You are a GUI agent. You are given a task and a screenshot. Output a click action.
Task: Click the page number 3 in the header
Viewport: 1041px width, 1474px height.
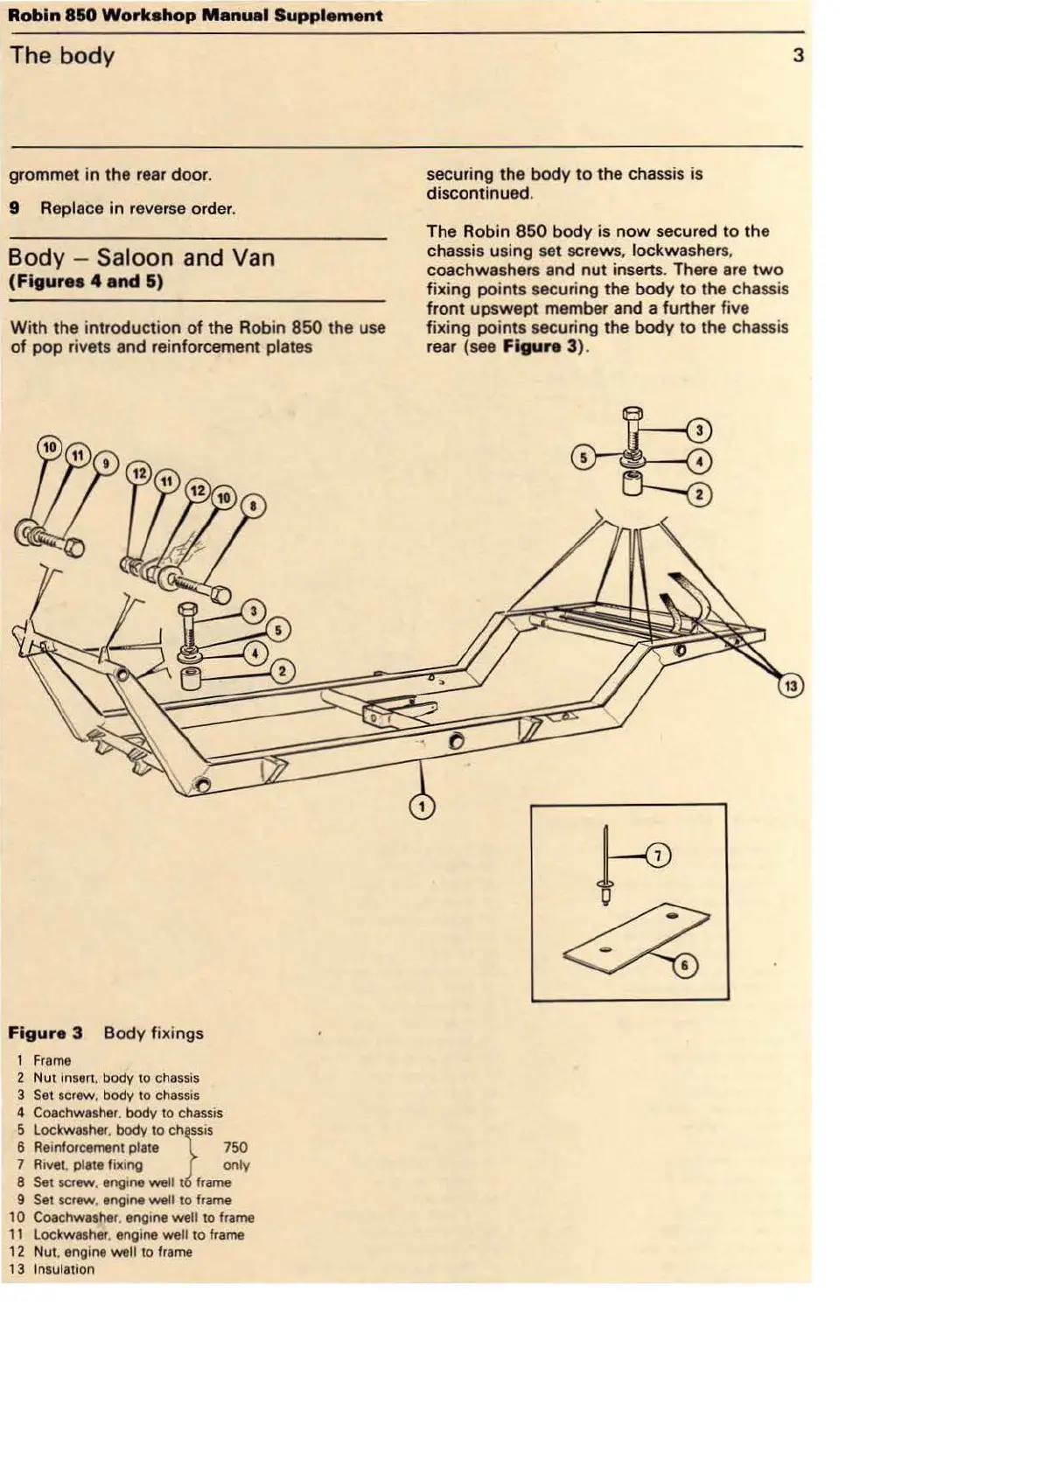[x=798, y=56]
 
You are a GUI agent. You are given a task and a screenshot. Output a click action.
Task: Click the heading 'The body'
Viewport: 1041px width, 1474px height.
[x=62, y=56]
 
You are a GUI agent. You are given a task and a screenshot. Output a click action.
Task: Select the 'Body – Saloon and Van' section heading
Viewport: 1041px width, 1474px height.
[x=141, y=258]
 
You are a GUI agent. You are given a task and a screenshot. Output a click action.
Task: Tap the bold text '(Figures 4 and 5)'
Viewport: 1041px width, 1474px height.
[x=86, y=283]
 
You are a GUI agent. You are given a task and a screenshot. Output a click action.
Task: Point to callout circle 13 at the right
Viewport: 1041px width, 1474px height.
[x=791, y=687]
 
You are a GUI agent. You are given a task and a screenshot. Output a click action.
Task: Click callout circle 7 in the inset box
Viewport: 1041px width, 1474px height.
[x=657, y=856]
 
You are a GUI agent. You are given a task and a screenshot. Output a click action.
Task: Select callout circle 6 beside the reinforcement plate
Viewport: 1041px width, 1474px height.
[x=685, y=966]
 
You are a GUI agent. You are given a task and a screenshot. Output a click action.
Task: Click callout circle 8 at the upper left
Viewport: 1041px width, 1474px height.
[x=254, y=506]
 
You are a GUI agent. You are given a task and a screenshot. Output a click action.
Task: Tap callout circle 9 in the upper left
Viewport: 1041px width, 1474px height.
[x=105, y=464]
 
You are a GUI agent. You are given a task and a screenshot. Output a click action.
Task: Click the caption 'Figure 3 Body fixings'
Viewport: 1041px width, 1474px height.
[x=106, y=1033]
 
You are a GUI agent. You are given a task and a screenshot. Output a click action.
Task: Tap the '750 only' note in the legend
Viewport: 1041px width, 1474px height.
[x=235, y=1156]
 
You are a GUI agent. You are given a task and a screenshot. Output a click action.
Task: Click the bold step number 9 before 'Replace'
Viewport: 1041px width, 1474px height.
[x=14, y=209]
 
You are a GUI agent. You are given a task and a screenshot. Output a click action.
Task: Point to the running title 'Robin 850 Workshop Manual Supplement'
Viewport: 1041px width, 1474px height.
[x=195, y=16]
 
